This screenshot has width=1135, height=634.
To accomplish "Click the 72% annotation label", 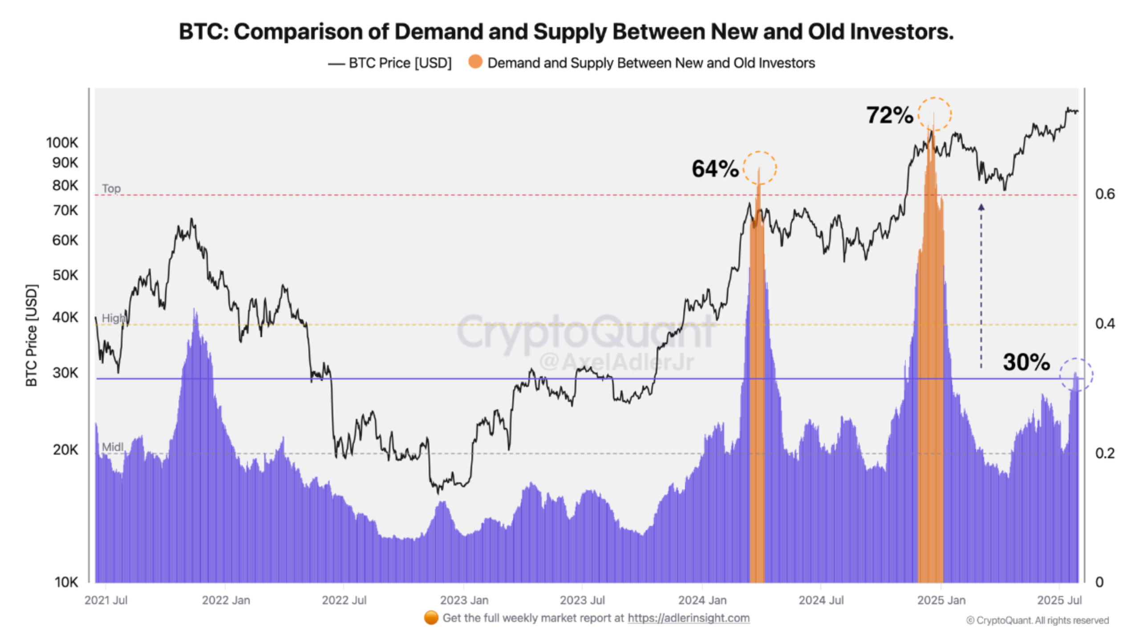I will [889, 115].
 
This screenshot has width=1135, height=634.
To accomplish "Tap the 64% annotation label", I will [715, 169].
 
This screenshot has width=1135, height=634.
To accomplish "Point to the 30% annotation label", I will [1026, 362].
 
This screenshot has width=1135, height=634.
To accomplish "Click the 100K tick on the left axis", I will [62, 143].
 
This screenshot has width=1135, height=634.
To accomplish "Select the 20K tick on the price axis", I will [65, 450].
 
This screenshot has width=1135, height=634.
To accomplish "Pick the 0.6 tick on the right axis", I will [1104, 194].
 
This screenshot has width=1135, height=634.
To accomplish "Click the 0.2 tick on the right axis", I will [1104, 453].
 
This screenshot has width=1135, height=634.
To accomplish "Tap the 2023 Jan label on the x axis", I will [464, 600].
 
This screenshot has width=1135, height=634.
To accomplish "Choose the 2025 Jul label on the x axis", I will [1059, 600].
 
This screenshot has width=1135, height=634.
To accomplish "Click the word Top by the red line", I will [111, 188].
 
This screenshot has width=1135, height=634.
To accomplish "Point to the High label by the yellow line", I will [113, 318].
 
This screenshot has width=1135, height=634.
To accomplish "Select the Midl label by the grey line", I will [112, 447].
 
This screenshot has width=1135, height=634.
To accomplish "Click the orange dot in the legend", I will [475, 62].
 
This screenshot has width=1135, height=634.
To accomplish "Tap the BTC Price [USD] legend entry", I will [399, 63].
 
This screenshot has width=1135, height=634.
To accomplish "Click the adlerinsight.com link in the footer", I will [688, 618].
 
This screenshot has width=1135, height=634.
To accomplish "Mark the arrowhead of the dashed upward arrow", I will [981, 207].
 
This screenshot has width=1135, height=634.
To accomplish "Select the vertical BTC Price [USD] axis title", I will [31, 335].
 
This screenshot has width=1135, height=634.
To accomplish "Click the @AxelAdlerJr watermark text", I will [616, 362].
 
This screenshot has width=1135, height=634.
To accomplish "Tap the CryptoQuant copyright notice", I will [1037, 621].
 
